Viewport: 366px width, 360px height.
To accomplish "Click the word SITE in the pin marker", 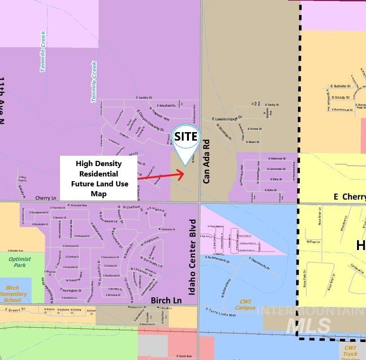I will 186,136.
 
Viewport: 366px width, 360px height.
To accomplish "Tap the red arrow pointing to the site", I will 161,176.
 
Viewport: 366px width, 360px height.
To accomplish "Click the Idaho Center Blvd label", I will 192,257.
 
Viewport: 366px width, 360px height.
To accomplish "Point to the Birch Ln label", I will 166,300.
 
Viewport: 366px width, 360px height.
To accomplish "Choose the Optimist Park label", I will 19,262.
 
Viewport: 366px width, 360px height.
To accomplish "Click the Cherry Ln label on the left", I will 46,198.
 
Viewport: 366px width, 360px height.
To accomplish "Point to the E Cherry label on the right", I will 349,197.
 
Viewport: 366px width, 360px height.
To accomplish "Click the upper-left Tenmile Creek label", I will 43,51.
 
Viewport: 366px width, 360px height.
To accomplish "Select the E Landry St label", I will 144,98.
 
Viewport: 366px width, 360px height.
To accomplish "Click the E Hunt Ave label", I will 184,356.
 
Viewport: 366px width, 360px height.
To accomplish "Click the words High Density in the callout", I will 99,164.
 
